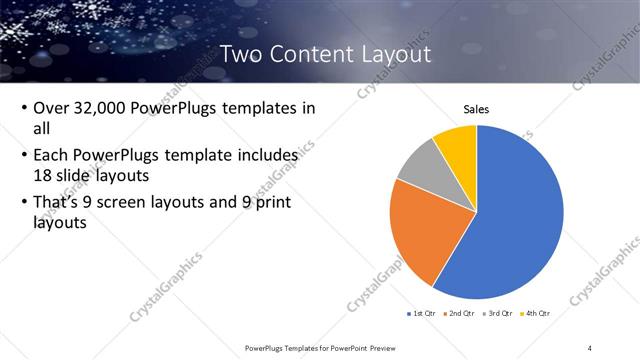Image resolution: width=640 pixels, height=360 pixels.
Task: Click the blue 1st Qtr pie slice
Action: (x=520, y=220)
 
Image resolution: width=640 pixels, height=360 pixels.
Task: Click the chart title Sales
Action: (x=476, y=109)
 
